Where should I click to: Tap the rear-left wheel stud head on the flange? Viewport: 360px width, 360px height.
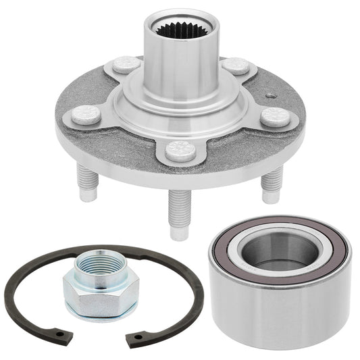[126, 65]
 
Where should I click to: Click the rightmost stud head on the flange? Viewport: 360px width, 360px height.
[275, 117]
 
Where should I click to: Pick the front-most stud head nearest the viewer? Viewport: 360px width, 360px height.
[180, 151]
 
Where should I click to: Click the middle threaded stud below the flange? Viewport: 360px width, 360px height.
[178, 215]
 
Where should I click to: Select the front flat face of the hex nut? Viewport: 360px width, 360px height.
[89, 301]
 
